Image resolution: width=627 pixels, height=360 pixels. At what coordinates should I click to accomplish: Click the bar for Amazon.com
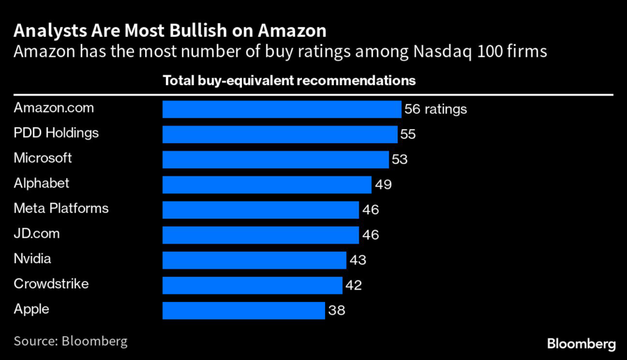tap(282, 109)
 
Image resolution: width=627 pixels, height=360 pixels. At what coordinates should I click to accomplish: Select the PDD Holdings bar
tap(280, 134)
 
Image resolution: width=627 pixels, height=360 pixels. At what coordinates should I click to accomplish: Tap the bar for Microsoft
tap(276, 159)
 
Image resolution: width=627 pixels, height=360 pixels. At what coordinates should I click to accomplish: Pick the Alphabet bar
tap(267, 184)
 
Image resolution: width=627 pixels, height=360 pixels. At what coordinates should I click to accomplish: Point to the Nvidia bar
tap(254, 260)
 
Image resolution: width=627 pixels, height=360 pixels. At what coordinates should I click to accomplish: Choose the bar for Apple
tap(244, 310)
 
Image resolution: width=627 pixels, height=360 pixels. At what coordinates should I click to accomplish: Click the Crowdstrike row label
tap(51, 284)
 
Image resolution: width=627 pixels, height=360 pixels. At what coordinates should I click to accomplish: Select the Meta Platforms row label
tap(61, 209)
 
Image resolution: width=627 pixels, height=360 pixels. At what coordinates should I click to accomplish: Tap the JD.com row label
tap(37, 234)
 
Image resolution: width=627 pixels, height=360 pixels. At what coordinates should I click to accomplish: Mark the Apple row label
tap(31, 309)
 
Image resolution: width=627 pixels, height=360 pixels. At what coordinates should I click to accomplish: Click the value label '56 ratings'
tap(435, 110)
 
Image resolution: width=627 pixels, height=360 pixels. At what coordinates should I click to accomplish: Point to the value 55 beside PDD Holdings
tap(408, 135)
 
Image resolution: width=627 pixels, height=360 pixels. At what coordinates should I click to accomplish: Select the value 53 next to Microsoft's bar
tap(399, 160)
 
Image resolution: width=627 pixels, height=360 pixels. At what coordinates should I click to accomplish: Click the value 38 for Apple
tap(336, 310)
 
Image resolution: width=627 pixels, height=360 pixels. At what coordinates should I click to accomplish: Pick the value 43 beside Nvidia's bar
tap(357, 260)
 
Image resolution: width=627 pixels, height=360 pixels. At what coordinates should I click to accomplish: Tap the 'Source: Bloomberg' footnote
tap(70, 341)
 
